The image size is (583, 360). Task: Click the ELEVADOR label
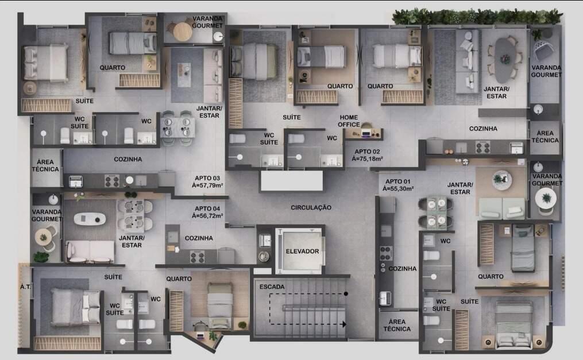coord(302,251)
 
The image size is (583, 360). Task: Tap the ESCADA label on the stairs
coord(272,287)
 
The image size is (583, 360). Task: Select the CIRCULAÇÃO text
coord(311,208)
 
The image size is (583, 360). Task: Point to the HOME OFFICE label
coord(349,121)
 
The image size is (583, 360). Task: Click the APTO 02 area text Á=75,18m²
coord(368,159)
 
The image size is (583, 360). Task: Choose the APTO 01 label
coord(398,181)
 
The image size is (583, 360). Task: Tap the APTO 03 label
coord(207,179)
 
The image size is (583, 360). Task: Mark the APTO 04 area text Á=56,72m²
coord(207,216)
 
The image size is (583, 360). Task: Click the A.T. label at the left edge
coord(25,287)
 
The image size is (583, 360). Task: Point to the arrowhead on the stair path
coord(344,324)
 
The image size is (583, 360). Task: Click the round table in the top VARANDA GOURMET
coord(183,32)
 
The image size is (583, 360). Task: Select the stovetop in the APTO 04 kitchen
coord(198,256)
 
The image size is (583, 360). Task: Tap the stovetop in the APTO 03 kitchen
coord(111,181)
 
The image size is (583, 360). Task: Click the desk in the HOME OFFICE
coord(366,133)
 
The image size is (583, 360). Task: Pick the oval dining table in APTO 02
coord(505,60)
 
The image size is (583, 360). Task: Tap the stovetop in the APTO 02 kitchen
coord(482,147)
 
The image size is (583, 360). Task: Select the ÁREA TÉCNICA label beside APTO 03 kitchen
coord(45,166)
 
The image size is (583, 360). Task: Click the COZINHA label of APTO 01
coord(403,269)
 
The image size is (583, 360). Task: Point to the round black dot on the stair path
coord(346,294)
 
